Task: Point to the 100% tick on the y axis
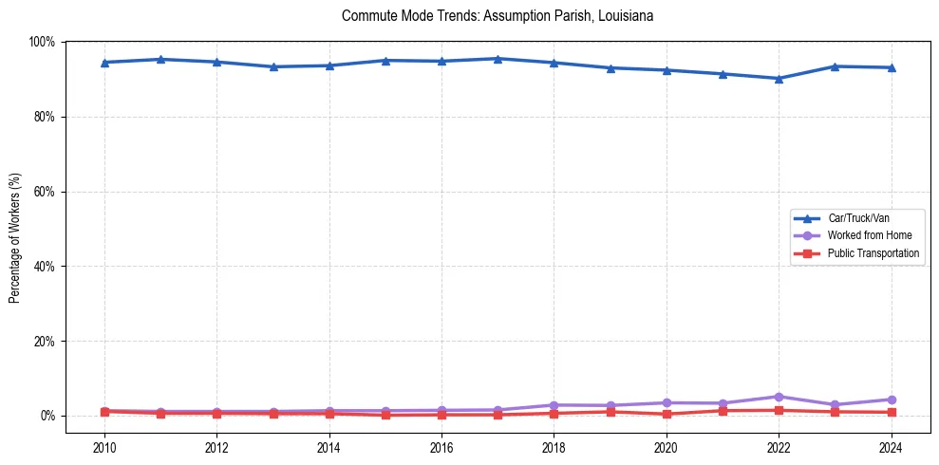click(x=42, y=42)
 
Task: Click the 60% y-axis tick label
click(x=44, y=192)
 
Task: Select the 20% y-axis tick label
click(x=44, y=341)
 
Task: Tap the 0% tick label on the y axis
click(x=47, y=416)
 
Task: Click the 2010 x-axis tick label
click(x=104, y=445)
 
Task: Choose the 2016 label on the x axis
click(x=441, y=445)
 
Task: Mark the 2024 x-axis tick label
click(x=891, y=445)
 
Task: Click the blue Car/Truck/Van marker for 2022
click(x=779, y=79)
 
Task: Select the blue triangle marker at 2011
click(x=160, y=59)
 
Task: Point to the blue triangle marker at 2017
click(x=498, y=59)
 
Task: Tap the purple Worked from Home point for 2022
click(x=779, y=397)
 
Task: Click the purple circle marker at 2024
click(x=891, y=400)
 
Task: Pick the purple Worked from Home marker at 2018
click(x=554, y=405)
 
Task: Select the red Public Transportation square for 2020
click(x=666, y=414)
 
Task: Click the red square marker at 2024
click(x=891, y=412)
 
